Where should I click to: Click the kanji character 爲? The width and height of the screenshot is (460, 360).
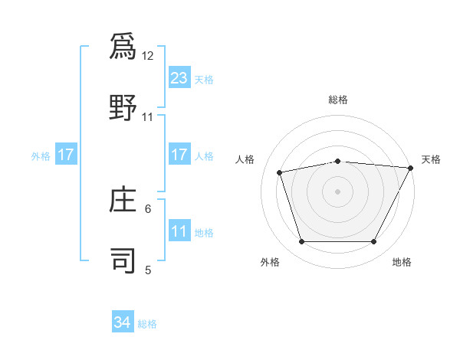tap(123, 47)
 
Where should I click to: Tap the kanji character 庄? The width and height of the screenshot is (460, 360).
tap(123, 201)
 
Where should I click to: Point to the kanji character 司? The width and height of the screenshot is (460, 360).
tap(123, 260)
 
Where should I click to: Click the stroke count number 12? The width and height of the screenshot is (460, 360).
tap(148, 55)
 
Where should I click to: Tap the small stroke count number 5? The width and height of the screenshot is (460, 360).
tap(149, 269)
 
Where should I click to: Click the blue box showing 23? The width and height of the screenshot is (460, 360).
tap(179, 77)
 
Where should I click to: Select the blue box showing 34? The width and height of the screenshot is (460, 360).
tap(123, 323)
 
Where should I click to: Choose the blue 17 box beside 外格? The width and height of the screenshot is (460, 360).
tap(66, 155)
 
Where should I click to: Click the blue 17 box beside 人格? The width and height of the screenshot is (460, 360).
tap(179, 155)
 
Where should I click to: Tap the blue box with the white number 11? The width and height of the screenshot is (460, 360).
tap(179, 231)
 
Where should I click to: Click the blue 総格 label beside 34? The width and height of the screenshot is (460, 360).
tap(148, 324)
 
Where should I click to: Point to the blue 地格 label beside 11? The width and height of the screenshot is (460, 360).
tap(204, 232)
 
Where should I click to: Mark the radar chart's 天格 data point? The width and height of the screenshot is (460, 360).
tap(411, 168)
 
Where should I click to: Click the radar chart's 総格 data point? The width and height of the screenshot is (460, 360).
tap(337, 161)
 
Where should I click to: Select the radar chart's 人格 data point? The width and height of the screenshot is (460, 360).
tap(280, 172)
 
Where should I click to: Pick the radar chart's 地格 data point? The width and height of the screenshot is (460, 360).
tap(373, 242)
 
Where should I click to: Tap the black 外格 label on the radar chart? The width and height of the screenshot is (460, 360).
tap(270, 263)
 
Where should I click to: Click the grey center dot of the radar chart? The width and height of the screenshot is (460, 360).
tap(337, 191)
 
